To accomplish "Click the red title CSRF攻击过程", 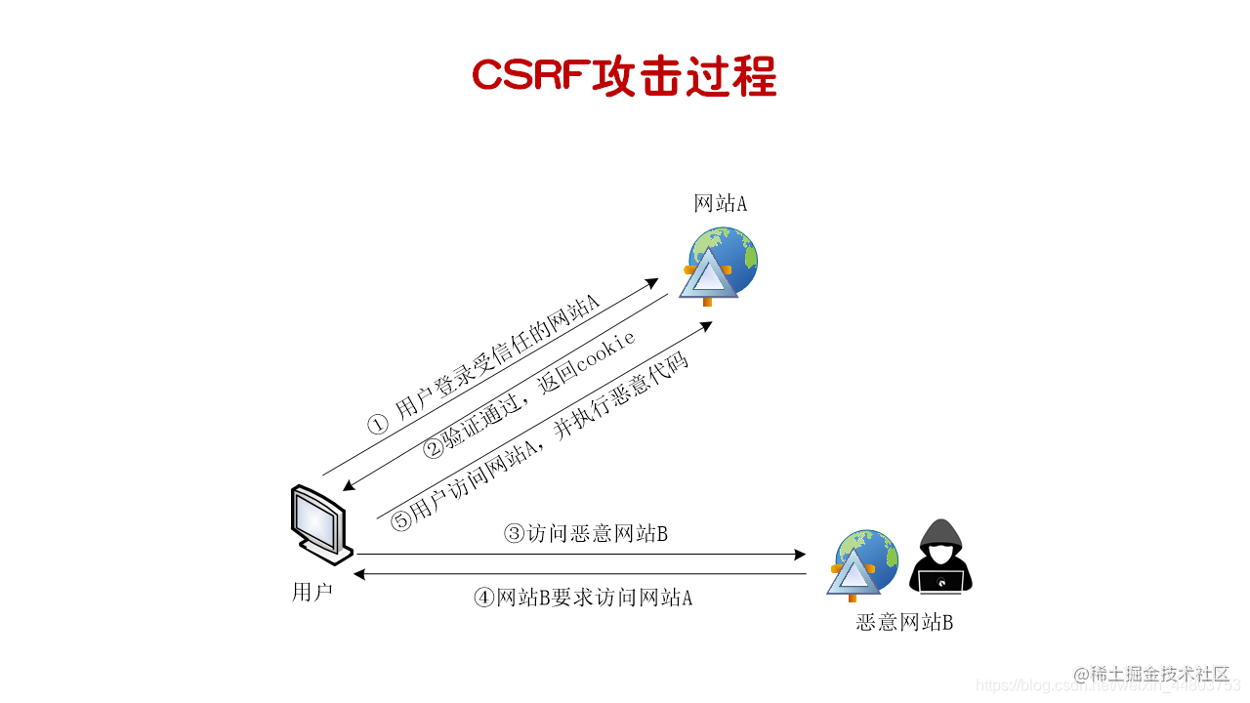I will point(624,75).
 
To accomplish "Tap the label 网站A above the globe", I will point(720,204).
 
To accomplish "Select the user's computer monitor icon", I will point(321,523).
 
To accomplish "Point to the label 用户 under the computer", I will point(312,592).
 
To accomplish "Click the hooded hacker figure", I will point(940,557).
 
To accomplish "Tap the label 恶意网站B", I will point(904,622).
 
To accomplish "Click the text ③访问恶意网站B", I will point(585,533).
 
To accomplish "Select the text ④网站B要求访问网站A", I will point(583,598).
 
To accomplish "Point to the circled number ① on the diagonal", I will point(378,425).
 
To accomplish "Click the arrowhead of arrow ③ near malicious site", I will point(800,555).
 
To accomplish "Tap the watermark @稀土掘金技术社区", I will point(1151,674).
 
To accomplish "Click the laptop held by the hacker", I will point(940,582).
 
